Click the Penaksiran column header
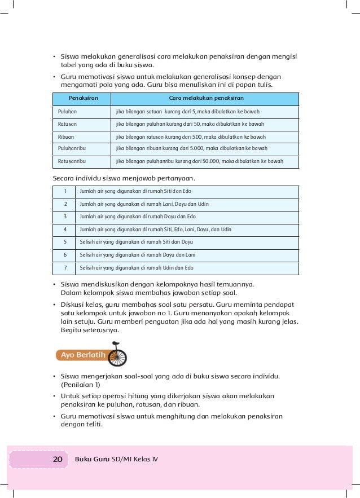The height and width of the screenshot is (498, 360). coord(80,98)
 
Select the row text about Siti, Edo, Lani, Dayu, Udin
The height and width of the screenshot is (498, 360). coord(156,230)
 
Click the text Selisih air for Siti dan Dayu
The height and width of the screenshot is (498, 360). coord(137,242)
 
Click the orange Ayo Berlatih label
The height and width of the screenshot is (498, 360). coord(82,355)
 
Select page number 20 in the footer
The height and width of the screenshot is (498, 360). coord(57,459)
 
